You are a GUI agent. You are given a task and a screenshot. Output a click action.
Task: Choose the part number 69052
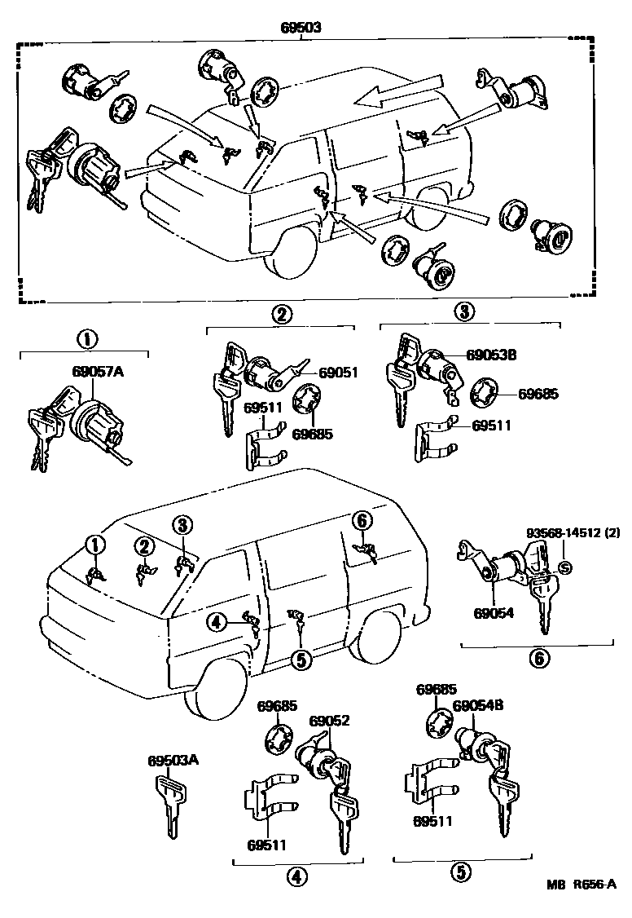[330, 721]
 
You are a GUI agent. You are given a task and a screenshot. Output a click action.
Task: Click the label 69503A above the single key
[173, 761]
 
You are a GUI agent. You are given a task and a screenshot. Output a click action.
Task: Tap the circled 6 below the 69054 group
[538, 658]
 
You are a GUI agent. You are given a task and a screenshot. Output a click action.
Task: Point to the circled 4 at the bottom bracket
[295, 876]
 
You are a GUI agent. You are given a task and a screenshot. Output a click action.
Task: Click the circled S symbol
[567, 567]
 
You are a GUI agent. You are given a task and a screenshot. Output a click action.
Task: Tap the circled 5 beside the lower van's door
[301, 659]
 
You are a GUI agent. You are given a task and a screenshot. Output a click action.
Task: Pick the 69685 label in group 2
[315, 435]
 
